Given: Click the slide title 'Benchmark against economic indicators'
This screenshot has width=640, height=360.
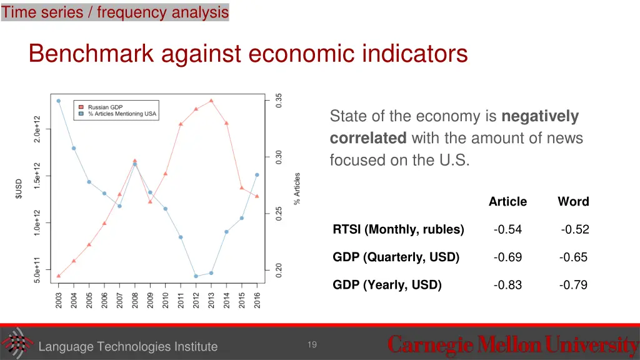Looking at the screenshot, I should (248, 54).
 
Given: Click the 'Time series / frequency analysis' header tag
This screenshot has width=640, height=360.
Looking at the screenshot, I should (115, 12).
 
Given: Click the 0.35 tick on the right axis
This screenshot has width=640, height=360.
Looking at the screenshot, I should (279, 101).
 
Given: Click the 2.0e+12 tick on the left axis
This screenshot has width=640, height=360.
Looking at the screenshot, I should (37, 129).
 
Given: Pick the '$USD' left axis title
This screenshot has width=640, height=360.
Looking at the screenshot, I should (19, 189).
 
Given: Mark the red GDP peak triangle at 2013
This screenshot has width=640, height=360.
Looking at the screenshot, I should (211, 101).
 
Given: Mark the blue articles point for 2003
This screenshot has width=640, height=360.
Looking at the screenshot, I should (59, 101).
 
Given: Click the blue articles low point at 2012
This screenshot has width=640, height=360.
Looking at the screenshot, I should (196, 276).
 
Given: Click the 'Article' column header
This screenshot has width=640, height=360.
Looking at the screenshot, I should (507, 202).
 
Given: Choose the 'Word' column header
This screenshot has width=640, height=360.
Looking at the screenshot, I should (573, 202).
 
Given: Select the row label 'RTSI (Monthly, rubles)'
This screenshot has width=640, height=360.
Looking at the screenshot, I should (398, 229).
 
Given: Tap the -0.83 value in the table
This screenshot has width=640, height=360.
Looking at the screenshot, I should (507, 285).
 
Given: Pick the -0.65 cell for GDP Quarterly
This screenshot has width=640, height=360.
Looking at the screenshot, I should (573, 257).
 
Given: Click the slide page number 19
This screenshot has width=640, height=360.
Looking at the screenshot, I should (312, 344).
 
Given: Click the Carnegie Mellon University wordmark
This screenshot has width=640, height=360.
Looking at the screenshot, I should (512, 345).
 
